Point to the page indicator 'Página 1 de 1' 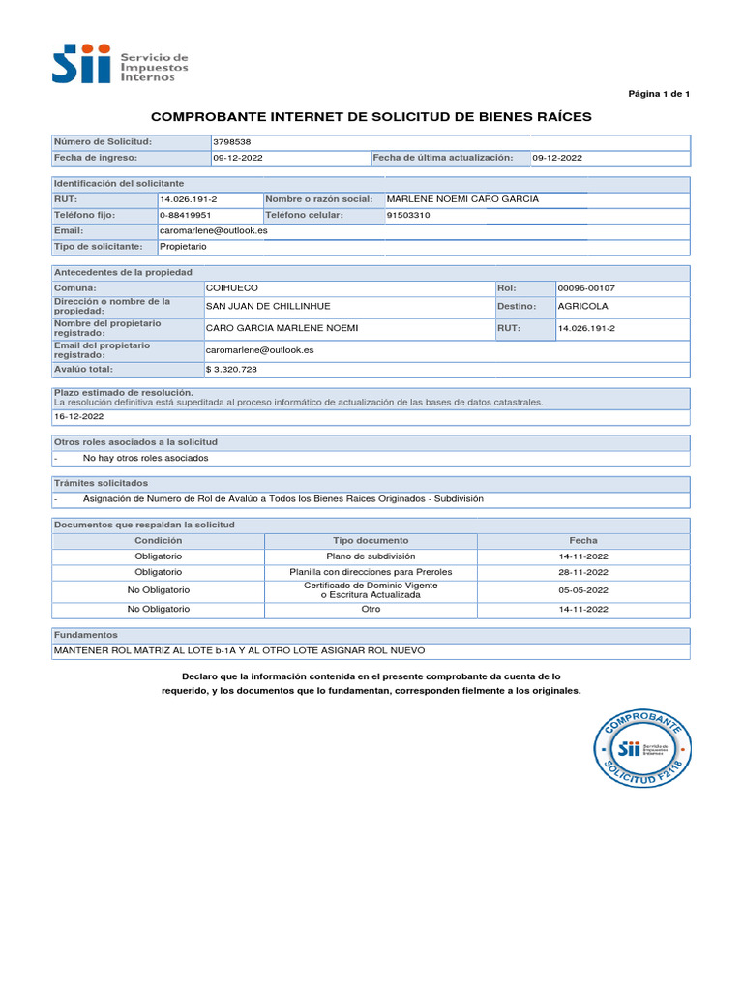click(x=659, y=94)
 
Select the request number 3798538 click(x=231, y=142)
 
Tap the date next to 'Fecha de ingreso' click(x=237, y=158)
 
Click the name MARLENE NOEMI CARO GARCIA click(x=462, y=199)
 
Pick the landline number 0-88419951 click(x=185, y=215)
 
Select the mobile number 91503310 click(x=408, y=215)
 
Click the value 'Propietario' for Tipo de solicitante click(x=183, y=247)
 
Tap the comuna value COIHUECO click(x=232, y=288)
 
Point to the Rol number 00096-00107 click(x=586, y=288)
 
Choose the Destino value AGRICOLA click(x=583, y=306)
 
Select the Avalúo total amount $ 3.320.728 click(x=231, y=370)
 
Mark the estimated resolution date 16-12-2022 click(x=78, y=417)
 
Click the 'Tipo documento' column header click(x=371, y=541)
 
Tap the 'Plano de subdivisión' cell click(x=371, y=556)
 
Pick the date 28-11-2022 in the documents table click(x=583, y=572)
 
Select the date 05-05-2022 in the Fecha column click(x=583, y=590)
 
